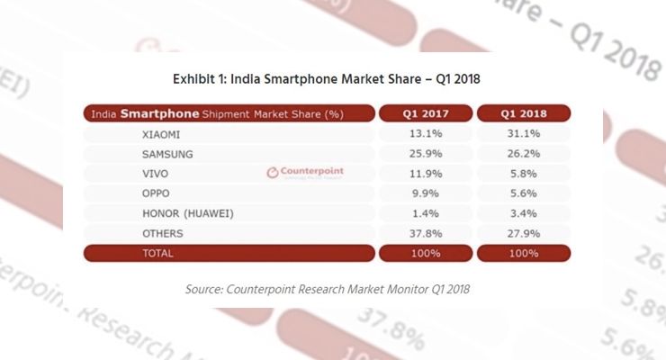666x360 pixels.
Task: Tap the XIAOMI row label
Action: coord(162,134)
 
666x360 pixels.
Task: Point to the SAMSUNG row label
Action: coord(166,154)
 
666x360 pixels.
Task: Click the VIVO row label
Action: coord(156,174)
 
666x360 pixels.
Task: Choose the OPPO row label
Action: coord(157,193)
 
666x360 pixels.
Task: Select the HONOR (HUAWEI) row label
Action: coord(185,213)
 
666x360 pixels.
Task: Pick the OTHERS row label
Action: coord(163,233)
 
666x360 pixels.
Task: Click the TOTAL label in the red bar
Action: coord(158,254)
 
